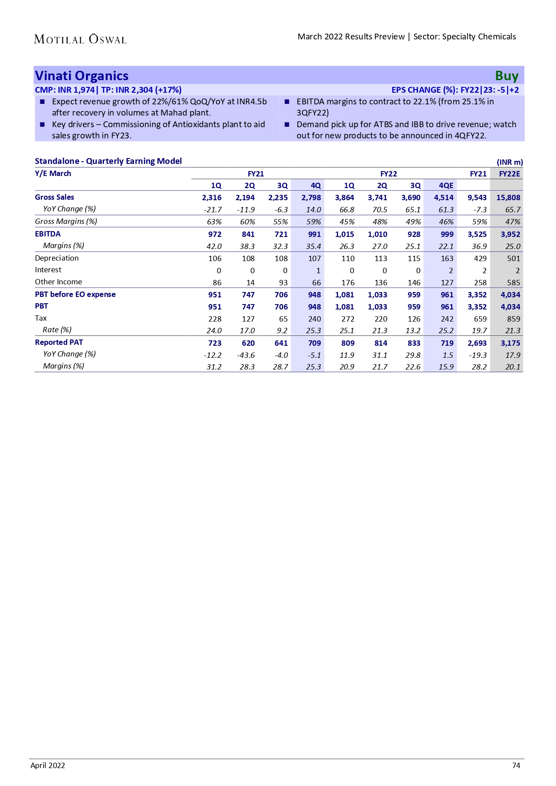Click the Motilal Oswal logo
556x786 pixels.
80,39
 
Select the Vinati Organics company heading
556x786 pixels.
82,76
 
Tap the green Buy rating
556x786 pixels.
506,76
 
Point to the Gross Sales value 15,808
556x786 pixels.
508,198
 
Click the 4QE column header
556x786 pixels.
446,185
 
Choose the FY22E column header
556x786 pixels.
509,174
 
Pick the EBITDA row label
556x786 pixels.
47,234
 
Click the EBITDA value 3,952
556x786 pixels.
510,234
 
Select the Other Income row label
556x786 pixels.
58,282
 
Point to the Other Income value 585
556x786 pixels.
513,283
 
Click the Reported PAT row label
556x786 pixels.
59,342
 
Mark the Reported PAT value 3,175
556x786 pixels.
510,343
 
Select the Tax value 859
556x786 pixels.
513,319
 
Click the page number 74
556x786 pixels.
516,765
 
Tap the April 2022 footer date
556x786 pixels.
47,765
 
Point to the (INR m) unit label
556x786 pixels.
509,162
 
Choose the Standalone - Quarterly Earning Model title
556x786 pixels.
108,161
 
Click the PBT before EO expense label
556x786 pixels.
75,294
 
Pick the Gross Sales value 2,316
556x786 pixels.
211,198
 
